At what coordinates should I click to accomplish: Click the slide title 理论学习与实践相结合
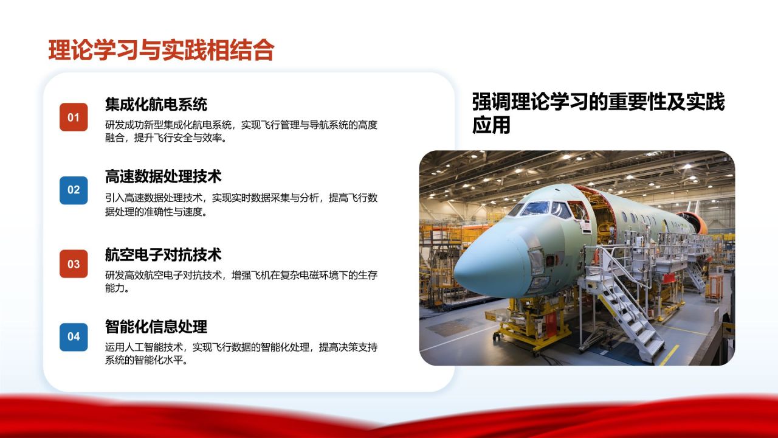pos(161,50)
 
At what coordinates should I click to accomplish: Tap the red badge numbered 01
pos(74,117)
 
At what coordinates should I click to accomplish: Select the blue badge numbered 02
pos(74,190)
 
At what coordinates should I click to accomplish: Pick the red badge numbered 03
pos(74,264)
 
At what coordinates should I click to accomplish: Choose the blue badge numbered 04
pos(74,336)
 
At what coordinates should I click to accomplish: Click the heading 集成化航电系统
pos(156,104)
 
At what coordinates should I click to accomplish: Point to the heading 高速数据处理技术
pos(163,176)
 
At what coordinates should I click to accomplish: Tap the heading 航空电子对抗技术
pos(163,254)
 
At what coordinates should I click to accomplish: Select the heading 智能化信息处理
pos(156,327)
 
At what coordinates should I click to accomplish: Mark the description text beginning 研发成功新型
pos(241,131)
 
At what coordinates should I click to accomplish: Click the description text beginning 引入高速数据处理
pos(241,205)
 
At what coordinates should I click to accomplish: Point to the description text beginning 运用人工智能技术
pos(241,353)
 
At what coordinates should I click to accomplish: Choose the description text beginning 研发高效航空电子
pos(241,282)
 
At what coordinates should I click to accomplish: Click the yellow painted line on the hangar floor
pos(669,355)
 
